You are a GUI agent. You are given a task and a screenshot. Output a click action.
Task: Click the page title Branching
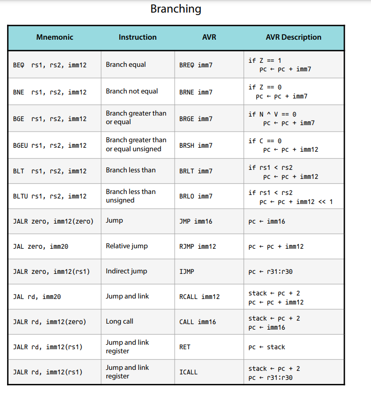(x=176, y=9)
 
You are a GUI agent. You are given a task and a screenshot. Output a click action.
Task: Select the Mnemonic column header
(x=54, y=37)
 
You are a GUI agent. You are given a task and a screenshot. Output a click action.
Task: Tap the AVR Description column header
(x=293, y=37)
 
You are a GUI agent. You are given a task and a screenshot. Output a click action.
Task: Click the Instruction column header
(x=137, y=37)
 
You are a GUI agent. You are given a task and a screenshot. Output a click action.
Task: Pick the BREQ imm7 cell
(x=196, y=65)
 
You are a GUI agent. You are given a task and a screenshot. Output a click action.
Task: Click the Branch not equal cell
(x=132, y=91)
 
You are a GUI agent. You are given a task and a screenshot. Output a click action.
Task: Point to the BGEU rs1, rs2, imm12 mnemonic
(x=49, y=146)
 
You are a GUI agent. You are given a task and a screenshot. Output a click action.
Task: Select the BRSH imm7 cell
(x=196, y=146)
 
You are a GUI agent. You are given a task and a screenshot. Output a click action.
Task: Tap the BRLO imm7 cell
(x=196, y=196)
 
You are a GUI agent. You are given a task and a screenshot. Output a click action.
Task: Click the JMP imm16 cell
(x=196, y=222)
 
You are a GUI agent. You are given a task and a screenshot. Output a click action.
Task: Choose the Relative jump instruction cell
(x=126, y=246)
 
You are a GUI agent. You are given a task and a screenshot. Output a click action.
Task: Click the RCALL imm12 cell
(x=199, y=297)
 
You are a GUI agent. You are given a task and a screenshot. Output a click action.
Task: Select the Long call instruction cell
(x=119, y=322)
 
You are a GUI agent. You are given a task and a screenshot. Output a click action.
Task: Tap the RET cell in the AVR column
(x=185, y=347)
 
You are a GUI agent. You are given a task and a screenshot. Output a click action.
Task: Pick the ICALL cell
(x=188, y=372)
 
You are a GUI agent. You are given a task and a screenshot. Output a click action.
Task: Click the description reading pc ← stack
(x=266, y=347)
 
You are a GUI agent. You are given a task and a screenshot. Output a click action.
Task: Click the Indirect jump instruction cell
(x=126, y=271)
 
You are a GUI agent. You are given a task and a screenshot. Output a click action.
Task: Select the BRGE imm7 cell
(x=196, y=119)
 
